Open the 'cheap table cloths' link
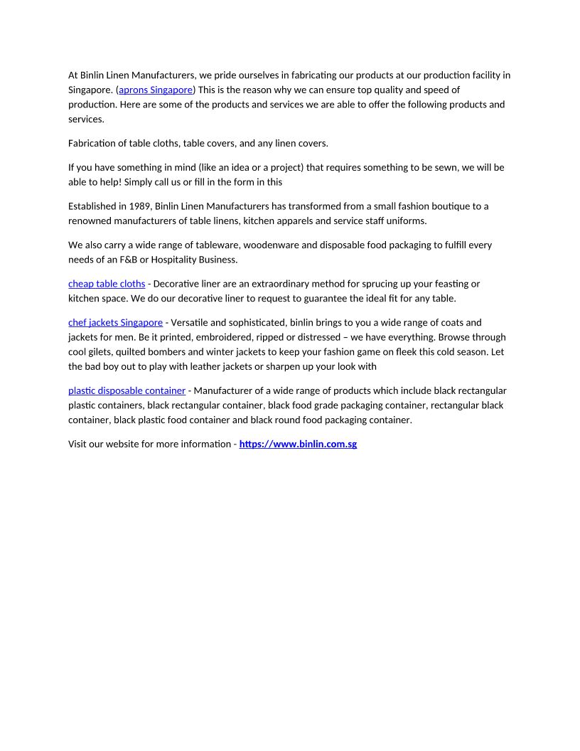pyautogui.click(x=107, y=284)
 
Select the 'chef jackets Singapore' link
pyautogui.click(x=115, y=323)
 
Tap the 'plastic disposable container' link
pyautogui.click(x=127, y=390)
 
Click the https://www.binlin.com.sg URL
pyautogui.click(x=298, y=444)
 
